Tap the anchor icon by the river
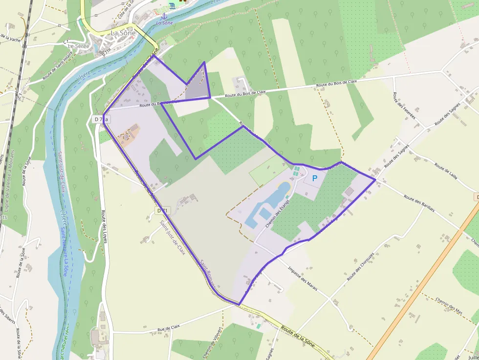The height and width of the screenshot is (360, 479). click(x=164, y=17)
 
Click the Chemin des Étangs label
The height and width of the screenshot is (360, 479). click(x=278, y=213)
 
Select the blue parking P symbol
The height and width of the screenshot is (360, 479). click(x=314, y=179)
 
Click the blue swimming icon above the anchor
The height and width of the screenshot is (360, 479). click(x=172, y=5)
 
